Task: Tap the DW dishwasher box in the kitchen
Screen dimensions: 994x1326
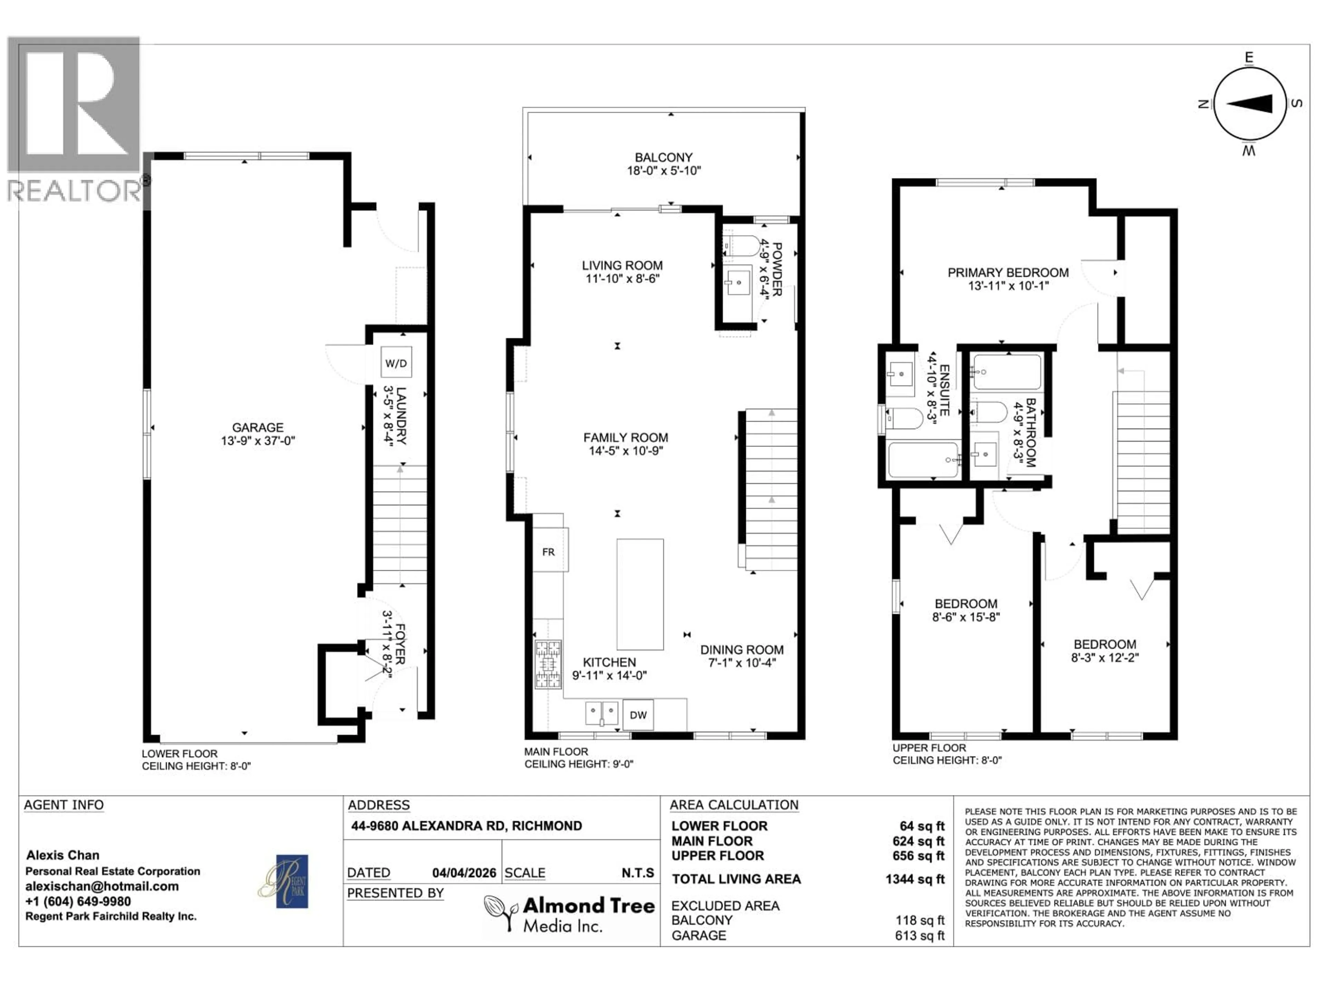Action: [638, 715]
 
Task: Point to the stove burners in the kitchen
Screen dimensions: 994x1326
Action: [548, 664]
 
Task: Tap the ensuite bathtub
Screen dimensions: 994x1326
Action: [923, 460]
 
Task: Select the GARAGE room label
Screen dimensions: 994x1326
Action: [258, 427]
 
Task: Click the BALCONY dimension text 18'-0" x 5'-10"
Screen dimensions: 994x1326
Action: [664, 171]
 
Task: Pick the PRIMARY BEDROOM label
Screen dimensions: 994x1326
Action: [1008, 273]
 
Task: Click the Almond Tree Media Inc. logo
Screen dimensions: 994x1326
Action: [569, 914]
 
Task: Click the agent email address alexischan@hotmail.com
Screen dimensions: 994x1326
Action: [102, 886]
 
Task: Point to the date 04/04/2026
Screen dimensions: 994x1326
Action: [464, 873]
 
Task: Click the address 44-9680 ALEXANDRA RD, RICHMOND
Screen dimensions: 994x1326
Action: [467, 826]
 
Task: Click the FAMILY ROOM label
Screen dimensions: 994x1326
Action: [625, 438]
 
